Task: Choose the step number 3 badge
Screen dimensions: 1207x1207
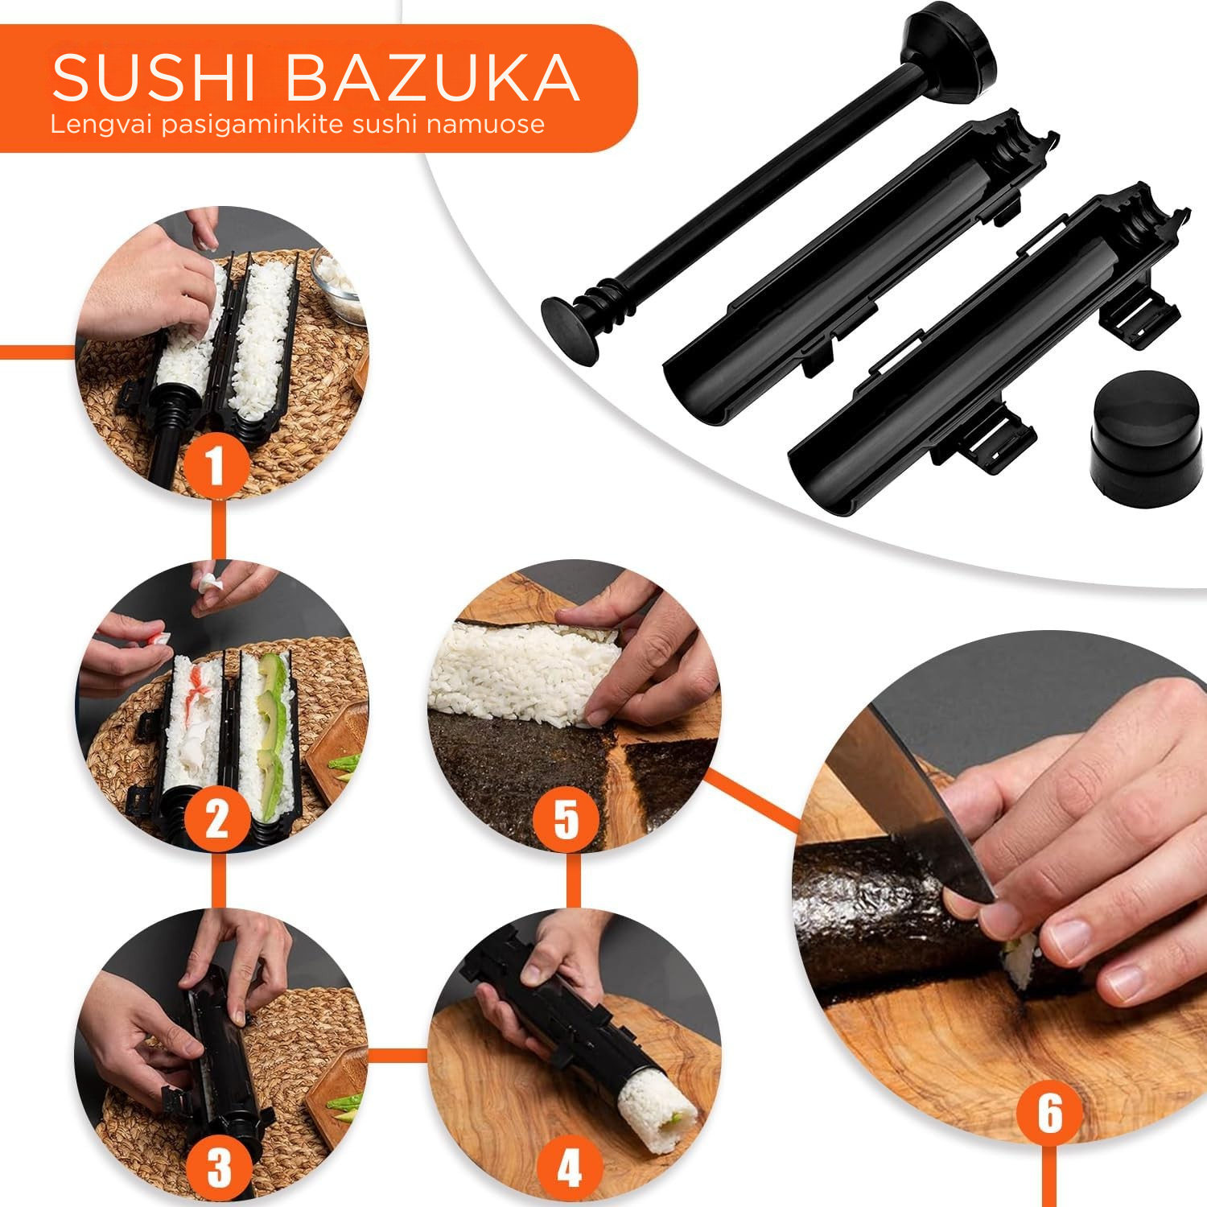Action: (218, 1168)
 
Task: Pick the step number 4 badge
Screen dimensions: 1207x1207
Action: (569, 1168)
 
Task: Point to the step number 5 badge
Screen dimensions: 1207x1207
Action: (566, 819)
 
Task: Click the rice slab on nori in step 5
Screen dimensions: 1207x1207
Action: (523, 672)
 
